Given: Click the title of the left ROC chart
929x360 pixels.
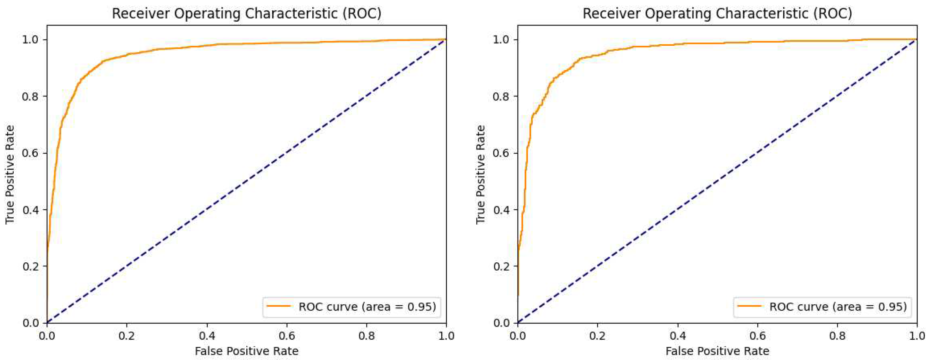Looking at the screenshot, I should (247, 13).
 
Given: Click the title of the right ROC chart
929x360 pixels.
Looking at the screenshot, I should (717, 13).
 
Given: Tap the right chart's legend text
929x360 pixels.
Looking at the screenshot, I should (838, 307).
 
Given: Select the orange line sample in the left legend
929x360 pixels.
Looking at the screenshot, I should (278, 306).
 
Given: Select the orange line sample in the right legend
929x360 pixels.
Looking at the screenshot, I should (749, 306).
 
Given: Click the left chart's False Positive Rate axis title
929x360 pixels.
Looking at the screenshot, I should (247, 351).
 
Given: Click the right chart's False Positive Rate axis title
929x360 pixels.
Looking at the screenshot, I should (717, 351).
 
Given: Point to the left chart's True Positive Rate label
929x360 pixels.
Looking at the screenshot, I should (10, 174).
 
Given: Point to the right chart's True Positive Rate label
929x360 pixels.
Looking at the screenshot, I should (481, 174).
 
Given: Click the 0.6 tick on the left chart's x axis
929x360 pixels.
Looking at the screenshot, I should (287, 336).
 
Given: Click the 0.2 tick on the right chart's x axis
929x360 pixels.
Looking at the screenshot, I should (598, 336).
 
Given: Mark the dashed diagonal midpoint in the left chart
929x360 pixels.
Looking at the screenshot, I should (247, 181).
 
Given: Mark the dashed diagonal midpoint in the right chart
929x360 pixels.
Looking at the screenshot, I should (717, 181).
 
